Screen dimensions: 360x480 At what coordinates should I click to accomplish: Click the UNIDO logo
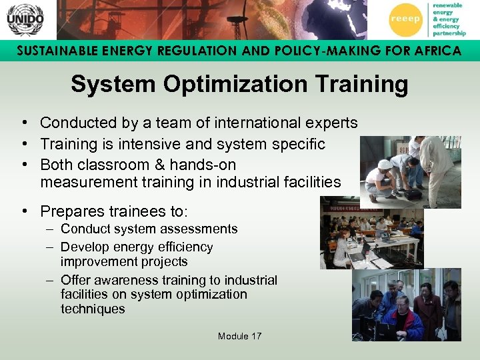point(25,19)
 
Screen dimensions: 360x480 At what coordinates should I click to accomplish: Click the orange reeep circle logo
point(405,19)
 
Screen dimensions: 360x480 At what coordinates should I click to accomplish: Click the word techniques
point(93,309)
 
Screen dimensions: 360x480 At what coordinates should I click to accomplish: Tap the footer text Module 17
point(239,336)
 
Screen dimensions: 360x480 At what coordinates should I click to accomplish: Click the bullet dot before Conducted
point(23,123)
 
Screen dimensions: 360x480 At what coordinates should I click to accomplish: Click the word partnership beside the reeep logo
point(449,33)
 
